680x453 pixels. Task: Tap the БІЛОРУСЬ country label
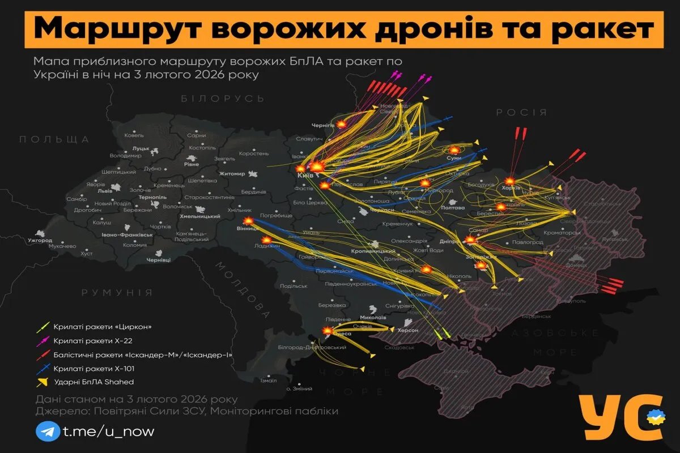(x=222, y=99)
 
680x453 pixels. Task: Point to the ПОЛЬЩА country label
(x=54, y=139)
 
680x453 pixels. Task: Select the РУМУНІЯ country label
(x=117, y=293)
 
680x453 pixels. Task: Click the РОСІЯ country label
(x=521, y=113)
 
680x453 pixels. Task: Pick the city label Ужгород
(x=39, y=241)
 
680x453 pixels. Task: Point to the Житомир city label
(x=231, y=174)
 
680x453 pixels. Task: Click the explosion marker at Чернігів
(x=342, y=125)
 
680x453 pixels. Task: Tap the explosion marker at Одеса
(x=328, y=331)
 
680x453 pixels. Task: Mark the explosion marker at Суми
(x=454, y=150)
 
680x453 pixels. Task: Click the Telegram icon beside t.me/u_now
(x=47, y=431)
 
